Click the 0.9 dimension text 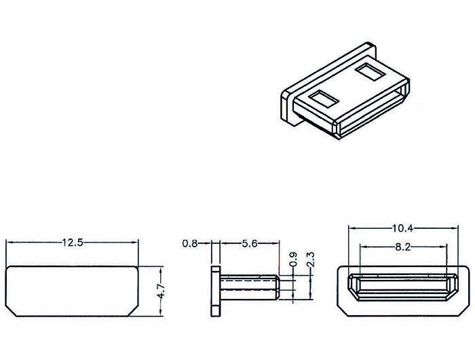[294, 259]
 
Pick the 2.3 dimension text [311, 259]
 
